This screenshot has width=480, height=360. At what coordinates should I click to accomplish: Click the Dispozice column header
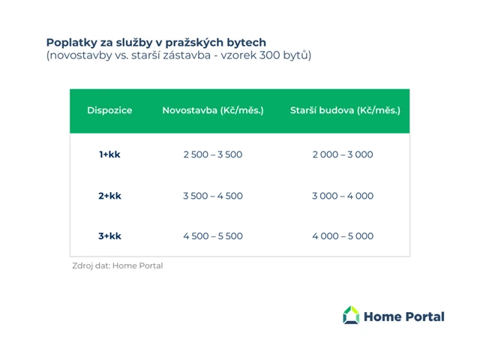109,110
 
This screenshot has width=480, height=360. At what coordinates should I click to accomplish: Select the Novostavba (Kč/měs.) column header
213,110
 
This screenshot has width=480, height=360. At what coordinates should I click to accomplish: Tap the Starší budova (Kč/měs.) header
345,110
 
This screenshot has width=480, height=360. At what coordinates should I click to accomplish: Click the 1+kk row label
109,154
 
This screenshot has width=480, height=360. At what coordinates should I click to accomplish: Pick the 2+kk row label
109,196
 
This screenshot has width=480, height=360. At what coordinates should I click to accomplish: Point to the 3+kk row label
109,236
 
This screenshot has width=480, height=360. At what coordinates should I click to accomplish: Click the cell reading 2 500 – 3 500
213,154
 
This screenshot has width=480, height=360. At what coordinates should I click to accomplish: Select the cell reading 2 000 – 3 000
343,154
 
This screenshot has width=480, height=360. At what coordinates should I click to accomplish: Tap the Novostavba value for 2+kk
213,196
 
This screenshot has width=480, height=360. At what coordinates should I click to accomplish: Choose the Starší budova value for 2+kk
343,196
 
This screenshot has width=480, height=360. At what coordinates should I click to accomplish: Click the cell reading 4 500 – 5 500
213,236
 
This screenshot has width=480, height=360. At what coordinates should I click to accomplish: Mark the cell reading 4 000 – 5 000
343,236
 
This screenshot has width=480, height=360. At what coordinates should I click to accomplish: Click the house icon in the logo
351,316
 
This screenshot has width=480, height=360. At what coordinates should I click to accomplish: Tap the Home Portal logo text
403,316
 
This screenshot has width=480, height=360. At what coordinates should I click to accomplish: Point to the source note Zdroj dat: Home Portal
117,265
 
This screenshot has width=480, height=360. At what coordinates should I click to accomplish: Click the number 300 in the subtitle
273,55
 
